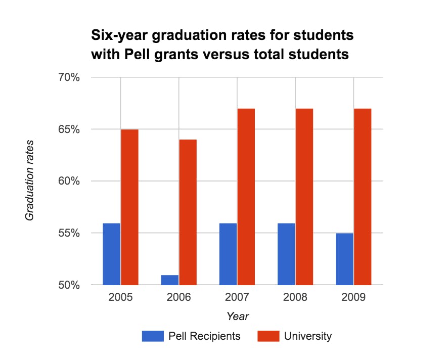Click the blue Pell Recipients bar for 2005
click(111, 254)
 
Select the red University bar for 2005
click(129, 207)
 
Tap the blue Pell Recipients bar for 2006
click(170, 280)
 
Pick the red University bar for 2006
click(188, 212)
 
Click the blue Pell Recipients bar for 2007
click(228, 254)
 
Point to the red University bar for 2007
click(246, 197)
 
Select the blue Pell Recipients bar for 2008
click(286, 254)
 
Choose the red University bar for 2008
click(304, 197)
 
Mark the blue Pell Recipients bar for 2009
click(344, 259)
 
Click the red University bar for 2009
click(363, 197)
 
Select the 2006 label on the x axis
click(179, 297)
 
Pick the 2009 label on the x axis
click(353, 297)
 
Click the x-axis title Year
click(237, 316)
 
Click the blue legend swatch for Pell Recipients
click(153, 336)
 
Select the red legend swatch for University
click(268, 336)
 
